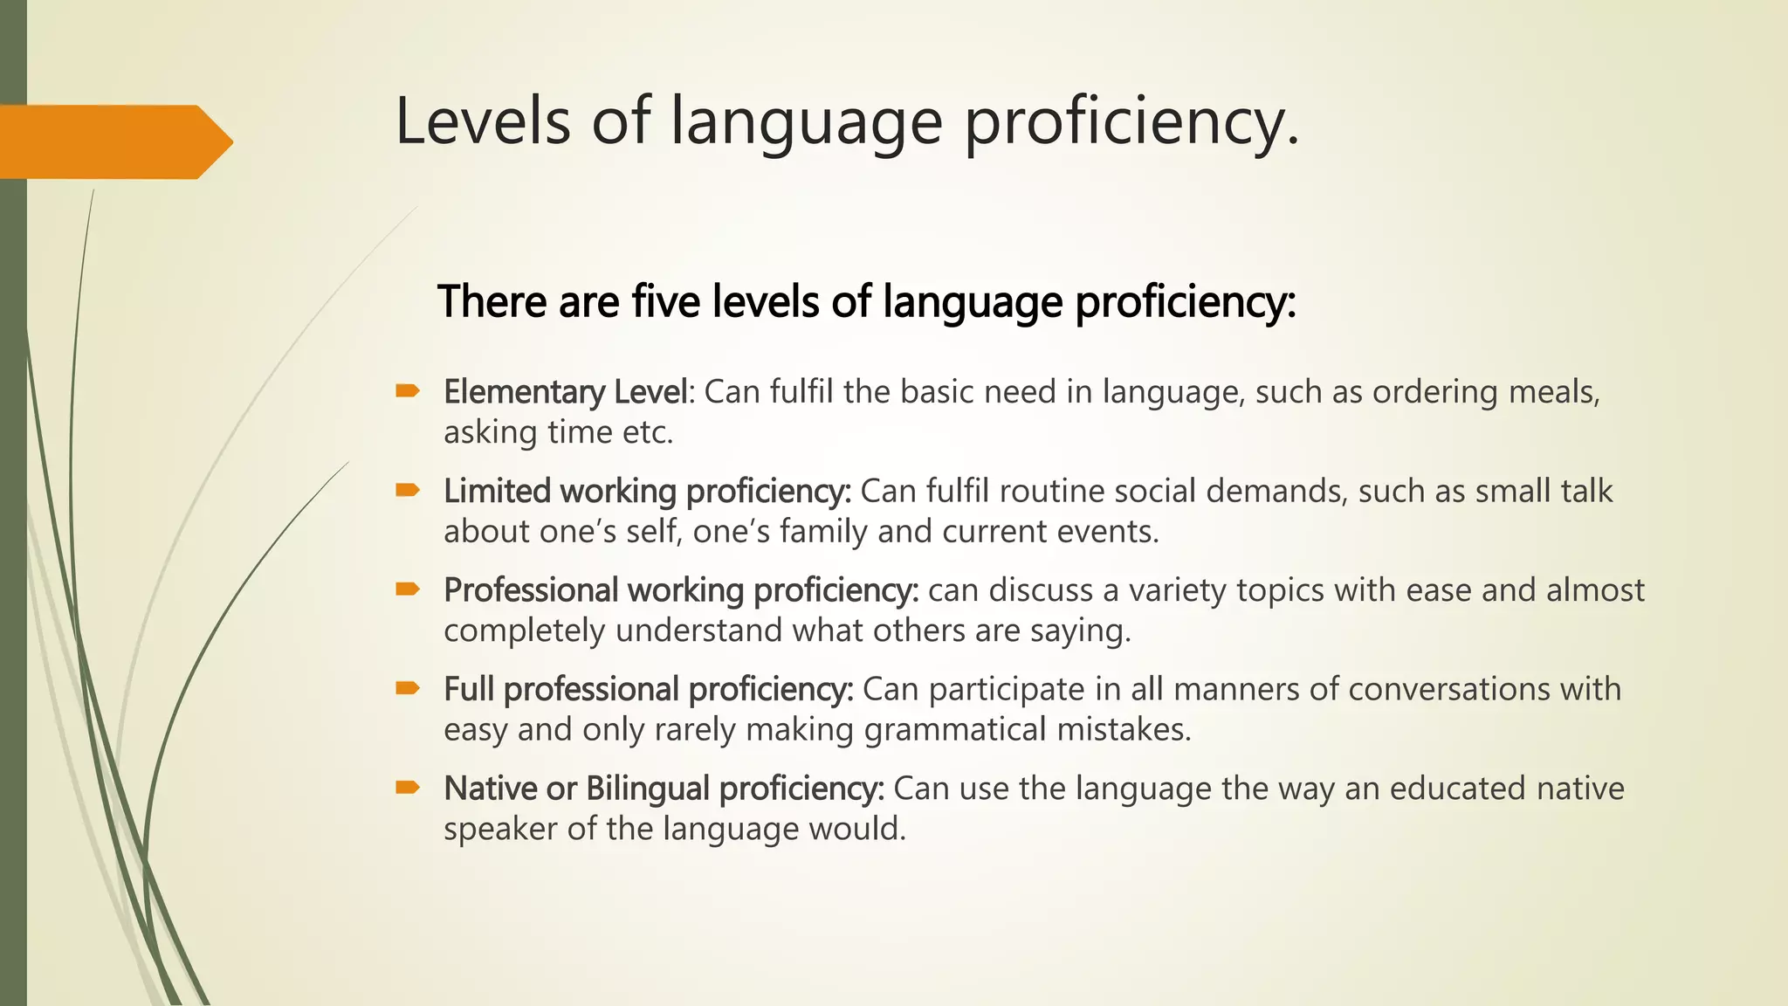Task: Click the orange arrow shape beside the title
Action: click(x=113, y=141)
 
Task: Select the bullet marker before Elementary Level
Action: click(x=408, y=391)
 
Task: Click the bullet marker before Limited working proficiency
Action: click(x=408, y=491)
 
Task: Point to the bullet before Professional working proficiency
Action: click(x=408, y=589)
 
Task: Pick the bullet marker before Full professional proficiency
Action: click(x=408, y=689)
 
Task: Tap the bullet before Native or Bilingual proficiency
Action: click(x=408, y=788)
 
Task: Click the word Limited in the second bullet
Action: click(x=497, y=491)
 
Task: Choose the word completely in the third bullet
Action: click(x=524, y=630)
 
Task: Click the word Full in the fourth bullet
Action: click(x=468, y=689)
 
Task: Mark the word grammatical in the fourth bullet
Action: click(x=954, y=729)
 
